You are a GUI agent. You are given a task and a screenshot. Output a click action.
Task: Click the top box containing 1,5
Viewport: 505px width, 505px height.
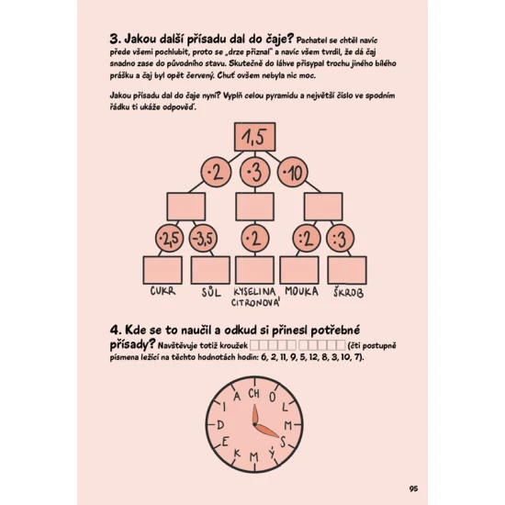click(x=254, y=137)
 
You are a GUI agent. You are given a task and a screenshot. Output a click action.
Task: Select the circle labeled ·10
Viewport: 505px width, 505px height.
click(x=292, y=173)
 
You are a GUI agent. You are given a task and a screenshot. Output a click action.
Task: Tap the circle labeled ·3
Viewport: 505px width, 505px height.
click(x=254, y=173)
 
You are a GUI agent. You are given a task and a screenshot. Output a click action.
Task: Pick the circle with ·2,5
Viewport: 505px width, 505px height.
click(x=170, y=239)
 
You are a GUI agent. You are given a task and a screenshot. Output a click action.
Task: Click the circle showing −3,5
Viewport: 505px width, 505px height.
click(x=203, y=239)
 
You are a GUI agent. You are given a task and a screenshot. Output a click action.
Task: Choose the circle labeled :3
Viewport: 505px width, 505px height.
click(x=340, y=239)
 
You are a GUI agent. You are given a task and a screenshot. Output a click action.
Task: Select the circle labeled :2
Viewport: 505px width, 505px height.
click(x=307, y=239)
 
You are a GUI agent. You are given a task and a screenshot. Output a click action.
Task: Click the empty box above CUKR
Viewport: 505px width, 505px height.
click(x=163, y=270)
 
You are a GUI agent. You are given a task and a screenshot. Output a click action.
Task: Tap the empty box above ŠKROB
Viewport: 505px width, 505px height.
click(x=347, y=270)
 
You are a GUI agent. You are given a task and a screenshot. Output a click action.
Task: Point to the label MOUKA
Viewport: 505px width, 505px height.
click(x=301, y=291)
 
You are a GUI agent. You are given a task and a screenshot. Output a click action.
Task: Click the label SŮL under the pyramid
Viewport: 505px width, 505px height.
click(x=211, y=292)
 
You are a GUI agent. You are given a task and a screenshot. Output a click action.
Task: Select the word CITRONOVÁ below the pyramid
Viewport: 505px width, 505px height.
click(x=255, y=302)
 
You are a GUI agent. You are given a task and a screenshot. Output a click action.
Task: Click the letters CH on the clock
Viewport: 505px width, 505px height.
click(x=253, y=393)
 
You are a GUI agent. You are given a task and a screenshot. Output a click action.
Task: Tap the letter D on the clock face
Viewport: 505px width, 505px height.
click(x=220, y=425)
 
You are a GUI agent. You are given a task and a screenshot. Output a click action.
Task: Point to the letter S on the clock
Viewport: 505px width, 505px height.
click(x=283, y=442)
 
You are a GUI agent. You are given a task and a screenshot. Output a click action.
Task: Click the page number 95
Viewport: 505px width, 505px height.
click(x=413, y=488)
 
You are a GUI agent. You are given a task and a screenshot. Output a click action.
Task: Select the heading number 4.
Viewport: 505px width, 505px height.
click(x=116, y=331)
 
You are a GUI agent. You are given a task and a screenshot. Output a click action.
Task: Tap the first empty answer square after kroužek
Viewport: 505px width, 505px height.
click(x=254, y=345)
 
